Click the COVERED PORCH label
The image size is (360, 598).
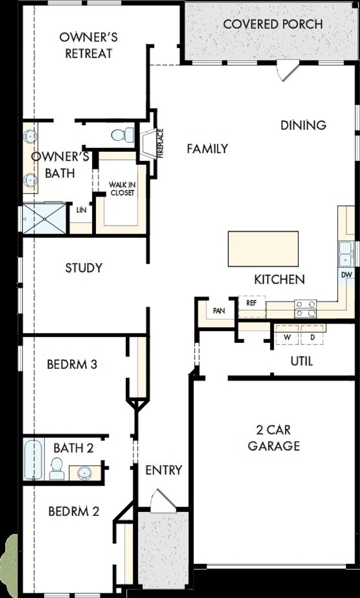click(273, 24)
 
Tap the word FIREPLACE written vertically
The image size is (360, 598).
click(160, 143)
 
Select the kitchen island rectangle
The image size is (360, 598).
click(263, 249)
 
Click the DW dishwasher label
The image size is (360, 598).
click(346, 275)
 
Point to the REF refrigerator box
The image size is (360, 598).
click(251, 303)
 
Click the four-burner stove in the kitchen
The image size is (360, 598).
click(305, 309)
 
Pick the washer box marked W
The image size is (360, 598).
click(287, 337)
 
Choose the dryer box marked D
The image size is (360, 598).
click(312, 337)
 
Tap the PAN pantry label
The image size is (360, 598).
click(219, 311)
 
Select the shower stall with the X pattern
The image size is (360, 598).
click(44, 219)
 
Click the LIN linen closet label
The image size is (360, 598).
click(81, 210)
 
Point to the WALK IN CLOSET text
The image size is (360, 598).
click(122, 189)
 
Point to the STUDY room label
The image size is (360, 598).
click(84, 268)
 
